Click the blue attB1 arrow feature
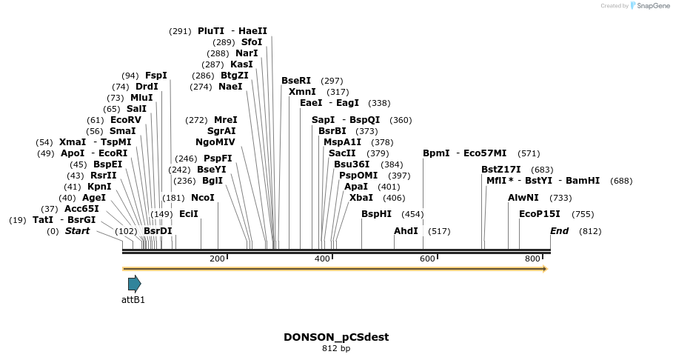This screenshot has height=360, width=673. click(134, 284)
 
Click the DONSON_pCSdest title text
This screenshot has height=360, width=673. click(336, 337)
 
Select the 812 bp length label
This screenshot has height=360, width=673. click(336, 349)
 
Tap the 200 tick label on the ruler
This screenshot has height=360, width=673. click(217, 259)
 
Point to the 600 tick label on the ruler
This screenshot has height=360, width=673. click(427, 259)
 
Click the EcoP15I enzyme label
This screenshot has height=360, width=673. click(540, 214)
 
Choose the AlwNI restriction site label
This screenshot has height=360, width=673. click(523, 197)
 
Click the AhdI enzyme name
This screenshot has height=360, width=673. click(406, 231)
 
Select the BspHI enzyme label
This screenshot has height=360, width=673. click(377, 214)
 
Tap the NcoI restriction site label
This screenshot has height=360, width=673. click(203, 198)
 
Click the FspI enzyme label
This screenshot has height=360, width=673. click(156, 76)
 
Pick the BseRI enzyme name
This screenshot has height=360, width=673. click(296, 81)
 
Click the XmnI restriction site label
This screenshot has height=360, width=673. click(302, 92)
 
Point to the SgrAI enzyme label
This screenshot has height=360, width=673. click(221, 130)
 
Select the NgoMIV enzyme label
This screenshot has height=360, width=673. click(215, 141)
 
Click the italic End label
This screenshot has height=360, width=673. click(560, 231)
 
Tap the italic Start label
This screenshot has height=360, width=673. click(77, 231)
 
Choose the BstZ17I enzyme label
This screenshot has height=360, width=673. click(501, 170)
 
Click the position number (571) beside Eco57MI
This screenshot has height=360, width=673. click(529, 153)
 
